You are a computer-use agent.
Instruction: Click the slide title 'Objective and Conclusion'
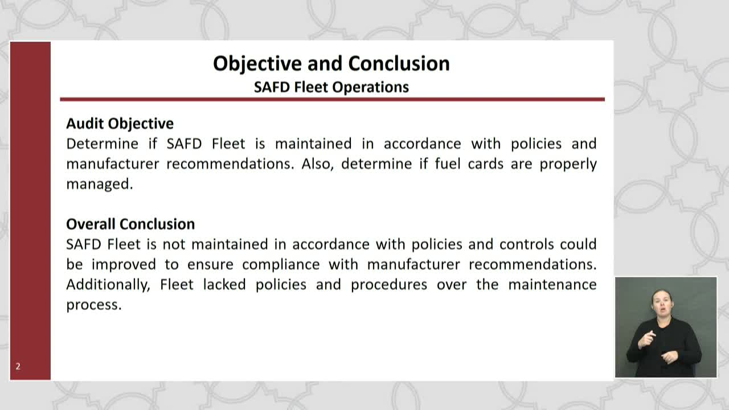[331, 63]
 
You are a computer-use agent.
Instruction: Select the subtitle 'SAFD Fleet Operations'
[331, 87]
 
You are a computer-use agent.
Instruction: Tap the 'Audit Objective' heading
[120, 124]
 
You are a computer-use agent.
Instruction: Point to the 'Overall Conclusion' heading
[130, 224]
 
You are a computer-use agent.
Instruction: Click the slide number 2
[18, 366]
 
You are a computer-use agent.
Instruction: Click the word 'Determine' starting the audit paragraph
[102, 143]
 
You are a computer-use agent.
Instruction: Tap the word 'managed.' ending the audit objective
[99, 184]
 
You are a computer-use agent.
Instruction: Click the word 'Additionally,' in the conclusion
[108, 284]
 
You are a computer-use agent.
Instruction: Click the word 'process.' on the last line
[94, 305]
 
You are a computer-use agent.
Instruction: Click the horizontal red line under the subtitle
[332, 99]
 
